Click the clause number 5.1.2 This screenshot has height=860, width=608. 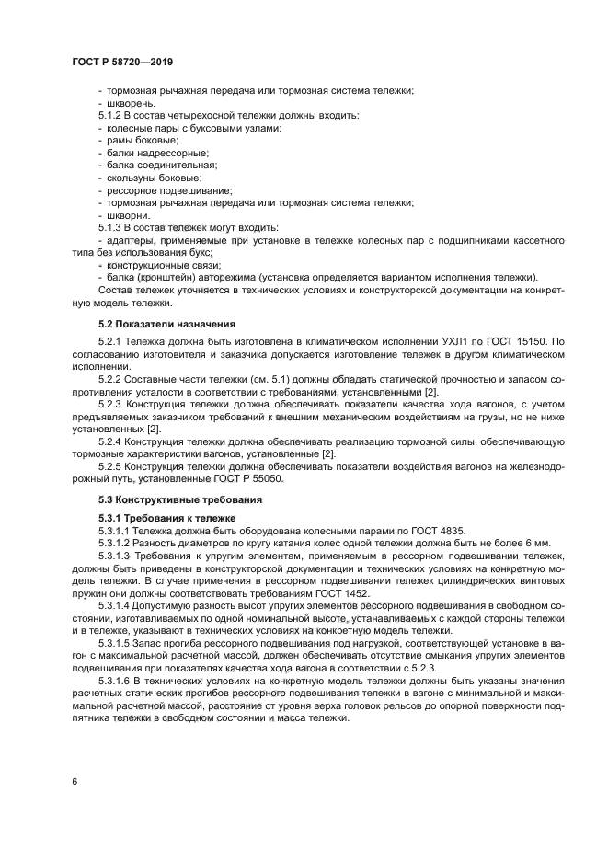tap(112, 115)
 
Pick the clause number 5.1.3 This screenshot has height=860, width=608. tap(112, 227)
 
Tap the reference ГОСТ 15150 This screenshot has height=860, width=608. tap(516, 341)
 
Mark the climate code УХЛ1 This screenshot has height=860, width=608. tap(464, 341)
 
